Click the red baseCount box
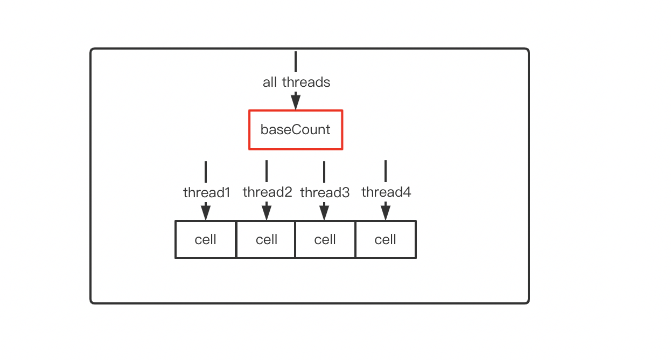pos(296,130)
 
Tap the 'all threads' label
pos(296,82)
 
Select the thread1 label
pos(206,192)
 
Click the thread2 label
pos(267,192)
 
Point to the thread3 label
pos(325,192)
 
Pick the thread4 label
pos(386,192)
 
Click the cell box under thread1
pos(206,239)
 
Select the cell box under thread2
pos(266,239)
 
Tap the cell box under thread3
pos(325,239)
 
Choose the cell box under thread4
pos(386,239)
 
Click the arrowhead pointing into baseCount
pos(296,101)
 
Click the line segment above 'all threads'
pos(296,61)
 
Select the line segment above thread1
pos(206,171)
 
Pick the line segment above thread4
pos(386,171)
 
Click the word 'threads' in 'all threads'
pos(306,82)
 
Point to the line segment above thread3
pos(324,171)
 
